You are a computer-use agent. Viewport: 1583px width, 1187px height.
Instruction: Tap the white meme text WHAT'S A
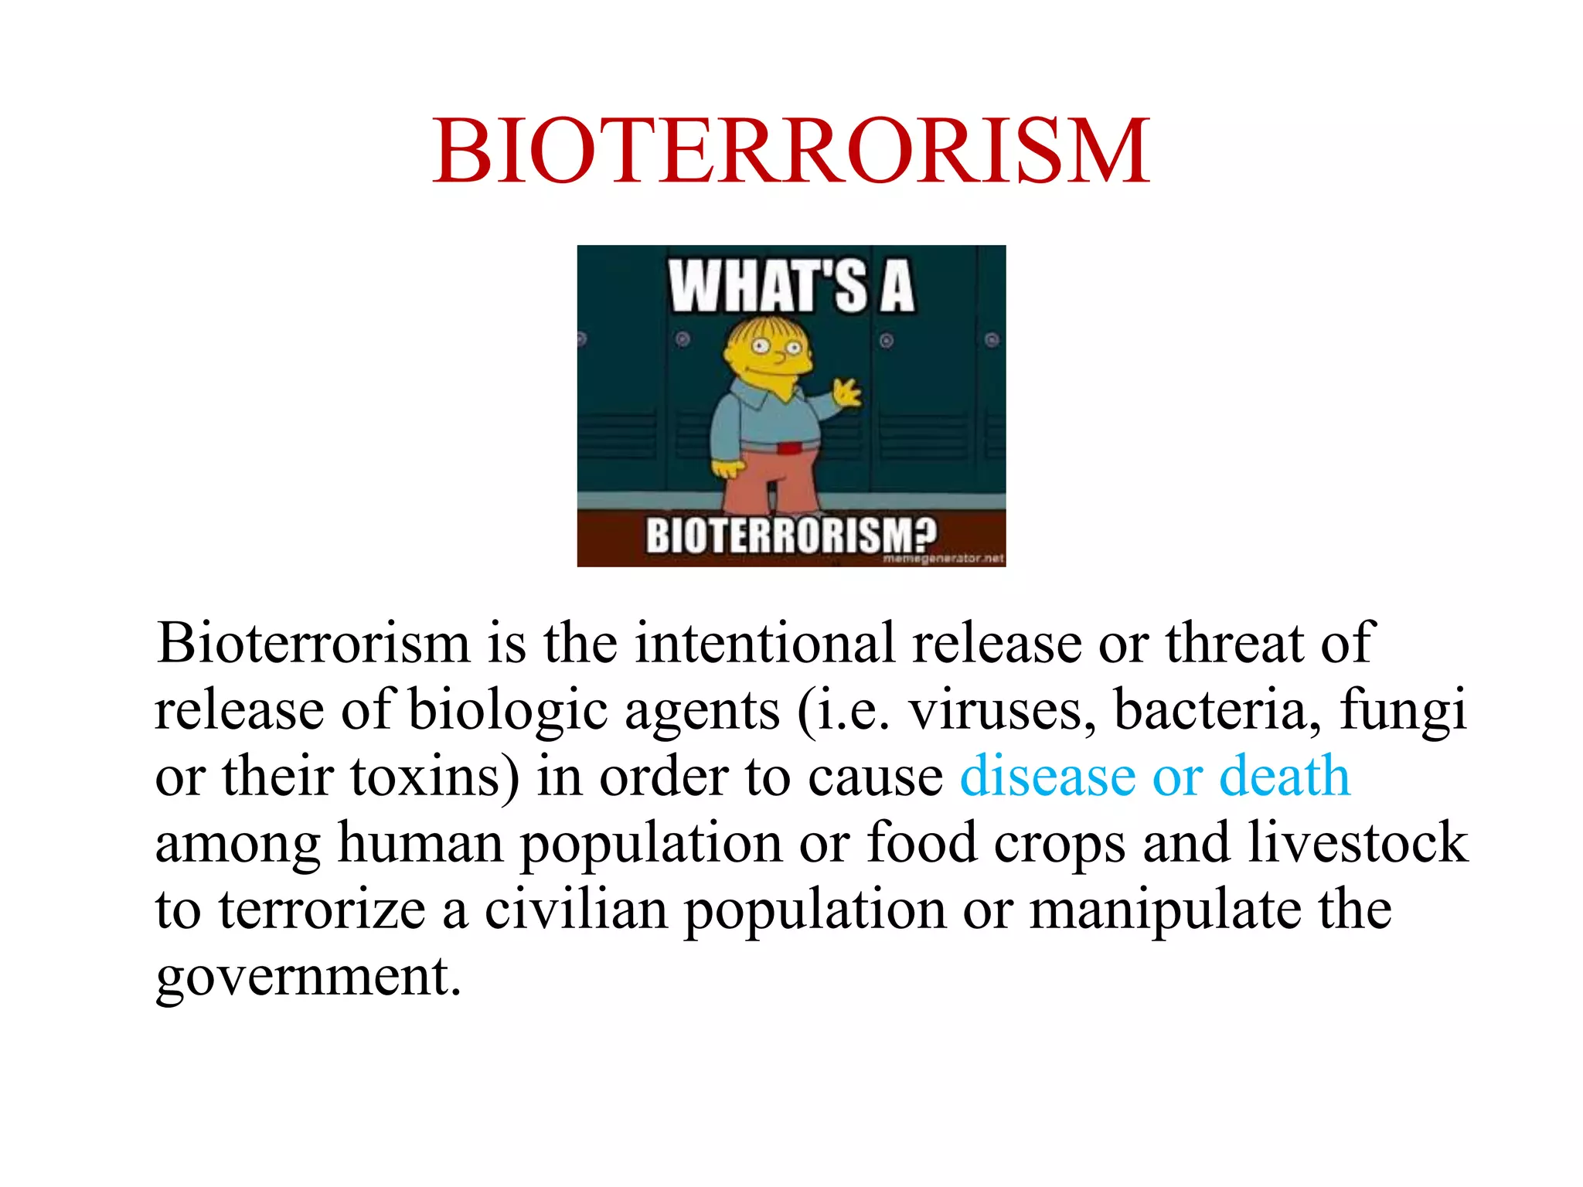(791, 287)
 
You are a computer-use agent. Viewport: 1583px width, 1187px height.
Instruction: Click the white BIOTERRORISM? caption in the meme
(791, 534)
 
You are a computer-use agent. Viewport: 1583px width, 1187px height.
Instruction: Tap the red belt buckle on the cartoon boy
(789, 448)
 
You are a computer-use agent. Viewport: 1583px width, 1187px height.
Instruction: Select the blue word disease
(1047, 776)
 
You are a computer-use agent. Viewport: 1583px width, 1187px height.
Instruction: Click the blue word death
(1284, 776)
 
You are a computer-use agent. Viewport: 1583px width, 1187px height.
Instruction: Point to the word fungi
(1402, 709)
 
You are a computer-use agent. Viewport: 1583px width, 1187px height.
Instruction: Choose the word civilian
(576, 910)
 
